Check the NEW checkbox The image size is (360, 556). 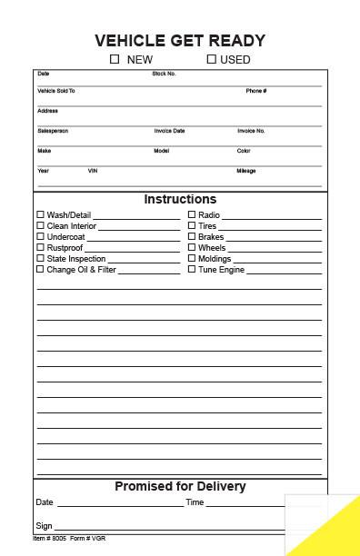click(x=115, y=59)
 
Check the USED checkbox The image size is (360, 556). click(x=211, y=59)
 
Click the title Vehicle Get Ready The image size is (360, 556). click(x=180, y=40)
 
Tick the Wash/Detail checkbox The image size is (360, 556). click(x=40, y=215)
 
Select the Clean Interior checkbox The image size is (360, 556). click(x=40, y=226)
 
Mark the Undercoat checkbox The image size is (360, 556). click(x=40, y=237)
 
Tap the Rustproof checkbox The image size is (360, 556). click(x=40, y=248)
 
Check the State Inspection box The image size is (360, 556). click(x=40, y=259)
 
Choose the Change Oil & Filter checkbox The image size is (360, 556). click(x=40, y=270)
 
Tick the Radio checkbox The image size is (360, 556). click(x=192, y=215)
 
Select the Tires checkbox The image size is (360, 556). click(x=192, y=226)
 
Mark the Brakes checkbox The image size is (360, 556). click(x=192, y=237)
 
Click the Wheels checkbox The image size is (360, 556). click(x=192, y=248)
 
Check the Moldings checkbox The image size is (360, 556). click(x=192, y=259)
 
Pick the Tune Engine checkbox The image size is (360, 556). click(x=192, y=270)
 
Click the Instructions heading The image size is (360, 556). click(x=180, y=199)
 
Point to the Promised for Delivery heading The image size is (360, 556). click(x=180, y=487)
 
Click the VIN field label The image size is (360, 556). click(x=93, y=171)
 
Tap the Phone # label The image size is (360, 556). click(x=255, y=91)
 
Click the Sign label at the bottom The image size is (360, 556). click(x=44, y=526)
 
